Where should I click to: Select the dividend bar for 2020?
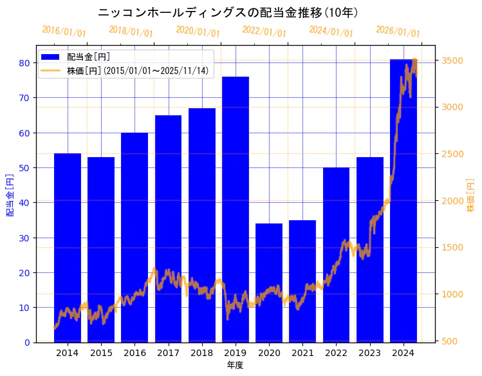[x=269, y=283]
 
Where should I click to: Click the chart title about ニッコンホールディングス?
[x=228, y=12]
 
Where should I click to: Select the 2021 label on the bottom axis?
[x=302, y=353]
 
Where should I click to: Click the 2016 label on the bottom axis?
[x=134, y=353]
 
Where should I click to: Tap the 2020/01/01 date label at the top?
[x=198, y=32]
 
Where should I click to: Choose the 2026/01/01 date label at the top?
[x=398, y=32]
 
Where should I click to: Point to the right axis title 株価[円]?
[x=470, y=196]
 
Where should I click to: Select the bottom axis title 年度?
[x=235, y=366]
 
